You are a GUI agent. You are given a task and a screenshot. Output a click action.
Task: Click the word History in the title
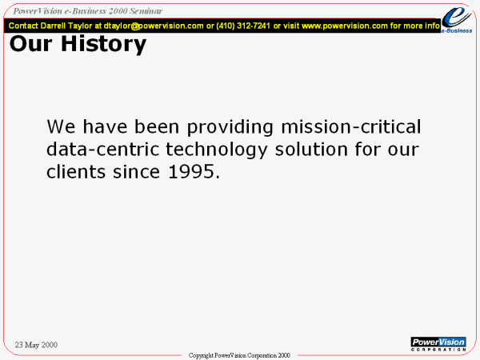click(x=104, y=44)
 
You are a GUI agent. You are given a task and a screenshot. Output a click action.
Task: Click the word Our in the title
click(x=30, y=44)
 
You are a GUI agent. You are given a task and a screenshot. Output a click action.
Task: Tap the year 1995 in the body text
click(x=191, y=172)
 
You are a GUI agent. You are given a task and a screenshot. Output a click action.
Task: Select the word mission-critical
click(x=351, y=126)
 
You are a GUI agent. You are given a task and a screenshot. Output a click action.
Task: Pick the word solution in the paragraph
click(x=311, y=150)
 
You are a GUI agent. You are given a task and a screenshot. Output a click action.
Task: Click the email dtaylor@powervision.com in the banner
click(x=154, y=26)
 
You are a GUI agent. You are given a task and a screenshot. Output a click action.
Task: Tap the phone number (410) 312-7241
click(x=243, y=26)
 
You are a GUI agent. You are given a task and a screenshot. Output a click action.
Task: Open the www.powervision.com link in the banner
click(x=345, y=26)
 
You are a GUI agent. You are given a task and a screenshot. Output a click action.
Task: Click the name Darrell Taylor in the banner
click(x=66, y=26)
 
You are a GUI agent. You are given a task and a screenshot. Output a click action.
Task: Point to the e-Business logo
click(x=457, y=20)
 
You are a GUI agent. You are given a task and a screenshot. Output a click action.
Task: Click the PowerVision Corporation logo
click(x=438, y=344)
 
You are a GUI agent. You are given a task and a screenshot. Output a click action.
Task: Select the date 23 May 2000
click(x=36, y=345)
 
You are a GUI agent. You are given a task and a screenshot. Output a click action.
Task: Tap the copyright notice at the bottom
click(x=239, y=355)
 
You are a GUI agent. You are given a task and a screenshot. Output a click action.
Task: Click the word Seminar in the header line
click(x=146, y=11)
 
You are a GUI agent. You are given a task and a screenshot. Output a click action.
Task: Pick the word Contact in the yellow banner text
click(x=23, y=26)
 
